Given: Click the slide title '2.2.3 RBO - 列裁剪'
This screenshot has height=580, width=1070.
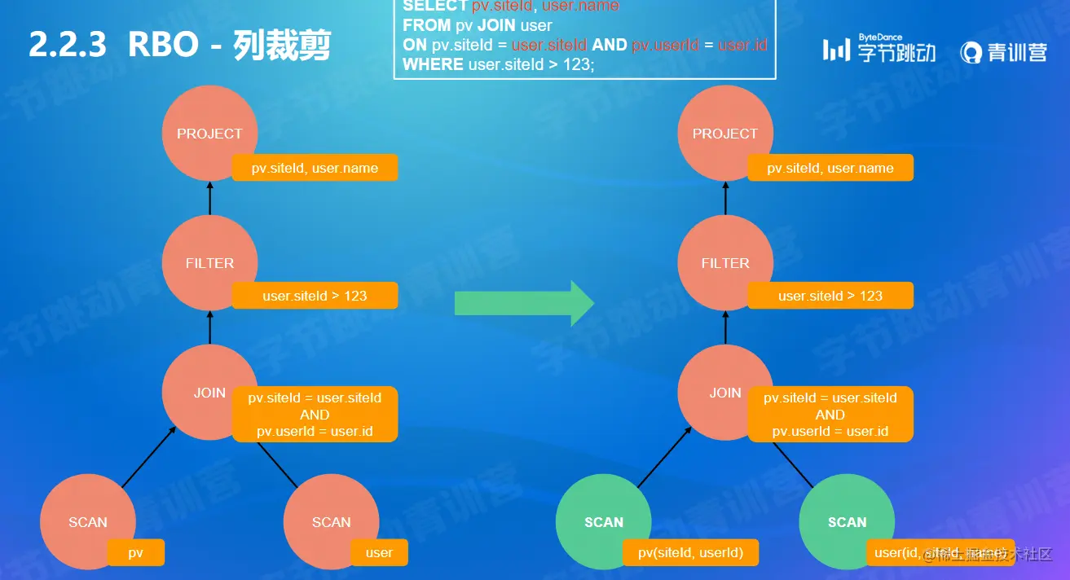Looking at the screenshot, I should coord(179,46).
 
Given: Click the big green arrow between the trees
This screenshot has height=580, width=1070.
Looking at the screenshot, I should coord(524,303).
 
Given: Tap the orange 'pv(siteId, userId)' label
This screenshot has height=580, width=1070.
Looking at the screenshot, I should coord(690,552).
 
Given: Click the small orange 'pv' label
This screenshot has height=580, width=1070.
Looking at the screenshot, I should coord(136,552).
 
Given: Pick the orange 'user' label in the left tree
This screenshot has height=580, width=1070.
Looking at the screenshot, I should coord(379,552).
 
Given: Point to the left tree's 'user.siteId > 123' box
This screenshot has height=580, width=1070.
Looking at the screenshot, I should coord(315,296).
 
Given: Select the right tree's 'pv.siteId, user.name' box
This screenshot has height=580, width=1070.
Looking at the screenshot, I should coord(830,168).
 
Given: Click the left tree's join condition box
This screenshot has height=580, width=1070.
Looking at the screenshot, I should coord(315,414).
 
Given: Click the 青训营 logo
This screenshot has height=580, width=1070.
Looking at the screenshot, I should coord(1003,52).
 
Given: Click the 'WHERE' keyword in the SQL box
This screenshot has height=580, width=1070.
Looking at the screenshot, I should coord(433,64).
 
